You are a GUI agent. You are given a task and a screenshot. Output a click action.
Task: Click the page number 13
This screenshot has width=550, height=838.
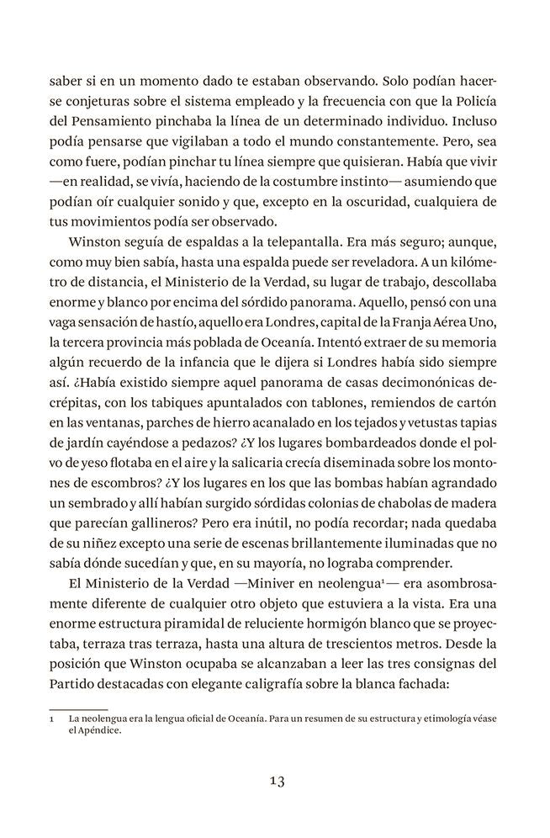pyautogui.click(x=276, y=781)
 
